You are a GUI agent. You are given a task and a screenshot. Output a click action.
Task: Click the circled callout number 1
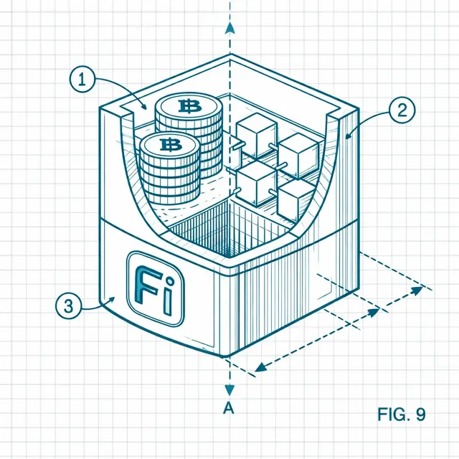tap(82, 80)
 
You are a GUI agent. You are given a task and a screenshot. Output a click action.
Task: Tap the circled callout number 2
tap(402, 110)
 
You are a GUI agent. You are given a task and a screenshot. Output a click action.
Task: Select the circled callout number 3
tap(68, 306)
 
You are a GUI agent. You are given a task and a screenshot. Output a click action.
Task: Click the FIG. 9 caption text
tap(402, 415)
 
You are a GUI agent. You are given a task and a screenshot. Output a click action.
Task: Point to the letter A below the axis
tap(229, 408)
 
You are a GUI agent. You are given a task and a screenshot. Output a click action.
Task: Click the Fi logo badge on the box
tap(156, 288)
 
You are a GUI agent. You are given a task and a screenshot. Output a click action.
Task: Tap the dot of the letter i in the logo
tap(169, 283)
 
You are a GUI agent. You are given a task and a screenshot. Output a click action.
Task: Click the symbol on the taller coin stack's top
tap(189, 106)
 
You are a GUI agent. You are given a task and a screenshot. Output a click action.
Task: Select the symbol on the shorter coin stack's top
tap(171, 145)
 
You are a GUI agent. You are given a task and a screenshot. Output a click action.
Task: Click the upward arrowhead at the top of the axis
tap(230, 28)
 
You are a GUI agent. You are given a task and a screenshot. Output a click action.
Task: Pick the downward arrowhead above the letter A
tap(229, 390)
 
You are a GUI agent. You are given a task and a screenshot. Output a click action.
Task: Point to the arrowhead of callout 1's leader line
tap(143, 106)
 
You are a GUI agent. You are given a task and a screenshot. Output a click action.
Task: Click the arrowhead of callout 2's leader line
tap(348, 136)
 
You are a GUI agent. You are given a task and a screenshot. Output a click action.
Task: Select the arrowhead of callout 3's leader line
tap(112, 299)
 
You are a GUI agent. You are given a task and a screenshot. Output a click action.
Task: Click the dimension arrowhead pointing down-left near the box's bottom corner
tap(261, 366)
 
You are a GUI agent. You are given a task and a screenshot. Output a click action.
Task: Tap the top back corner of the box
tap(230, 55)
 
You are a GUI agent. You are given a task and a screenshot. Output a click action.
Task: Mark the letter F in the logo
tap(148, 285)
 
